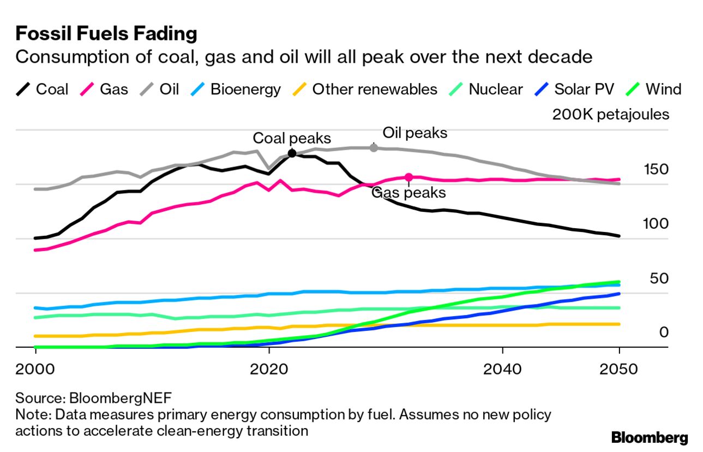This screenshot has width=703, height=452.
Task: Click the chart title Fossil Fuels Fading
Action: click(106, 34)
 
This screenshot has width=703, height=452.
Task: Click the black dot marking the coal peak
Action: click(292, 153)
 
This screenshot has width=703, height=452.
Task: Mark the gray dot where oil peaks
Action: click(374, 147)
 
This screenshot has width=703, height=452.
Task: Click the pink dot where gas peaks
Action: click(409, 177)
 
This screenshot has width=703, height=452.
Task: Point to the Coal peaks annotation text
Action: click(292, 138)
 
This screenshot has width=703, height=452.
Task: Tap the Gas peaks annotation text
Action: click(408, 192)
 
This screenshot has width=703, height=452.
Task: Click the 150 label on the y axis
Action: click(656, 169)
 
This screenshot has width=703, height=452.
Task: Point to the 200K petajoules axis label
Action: click(611, 115)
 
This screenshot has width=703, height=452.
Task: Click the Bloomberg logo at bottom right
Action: click(650, 437)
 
